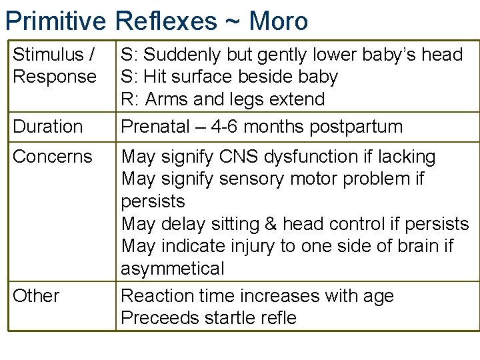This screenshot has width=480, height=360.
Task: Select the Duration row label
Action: pyautogui.click(x=48, y=127)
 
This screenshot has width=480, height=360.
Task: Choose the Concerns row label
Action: pyautogui.click(x=53, y=157)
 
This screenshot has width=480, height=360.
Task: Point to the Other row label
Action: pyautogui.click(x=36, y=296)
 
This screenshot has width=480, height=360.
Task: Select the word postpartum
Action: pyautogui.click(x=354, y=127)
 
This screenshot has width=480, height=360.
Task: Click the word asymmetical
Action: pyautogui.click(x=173, y=269)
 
